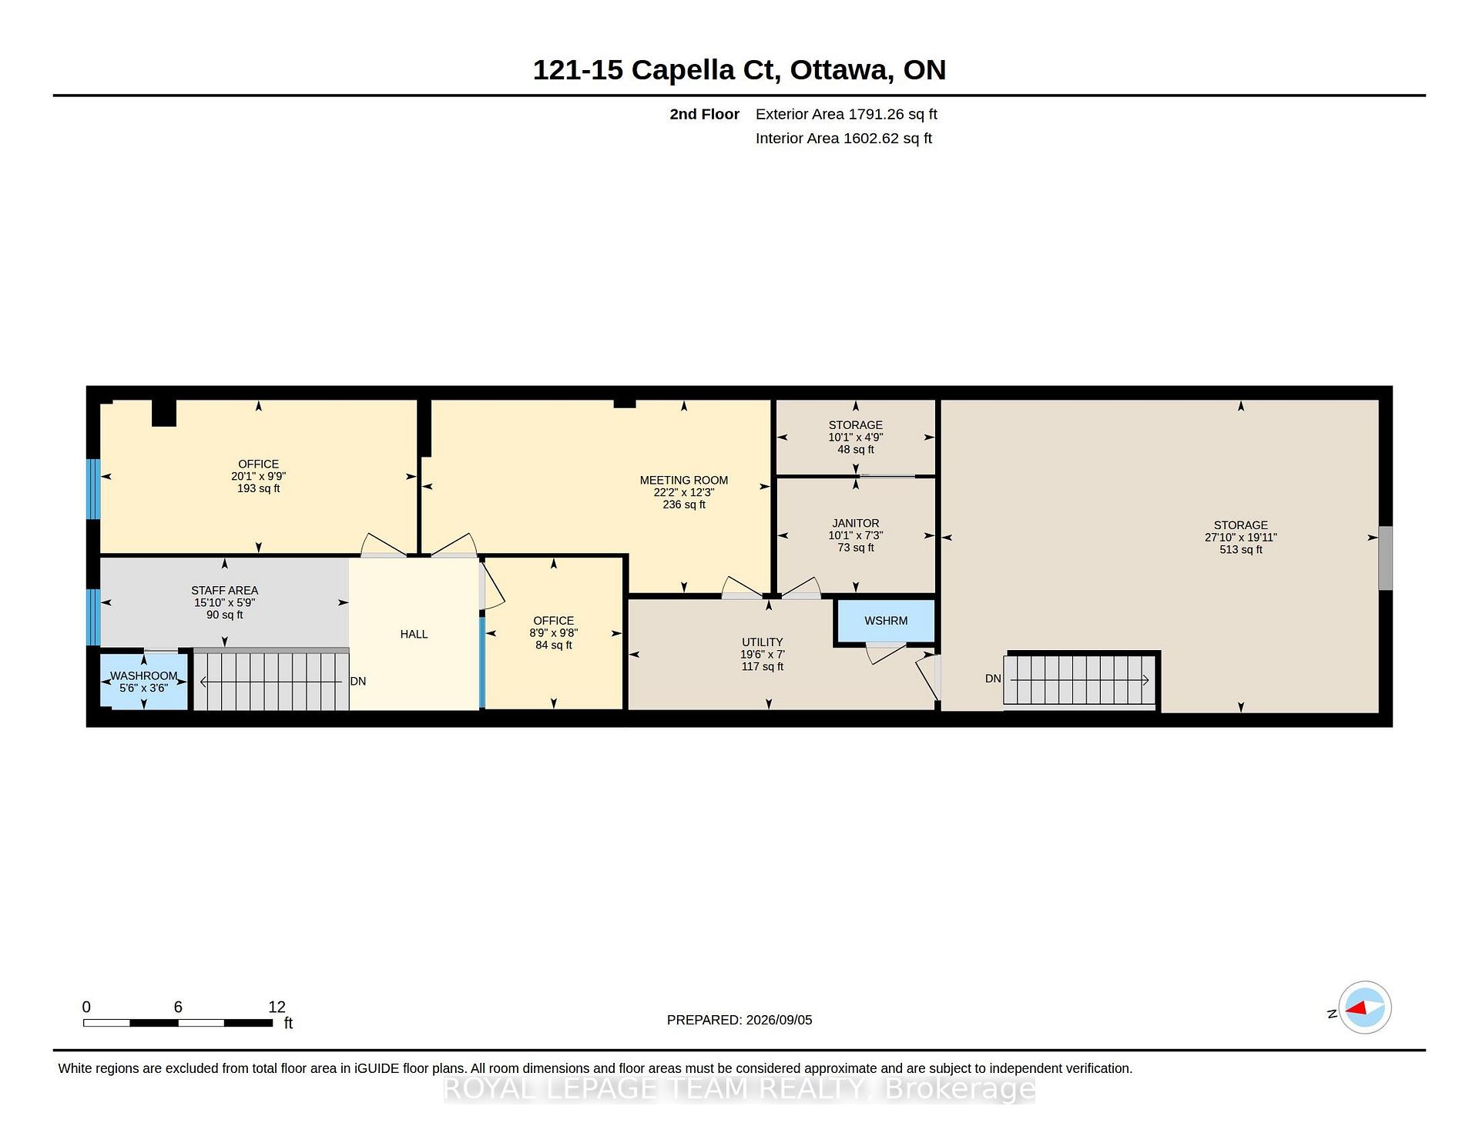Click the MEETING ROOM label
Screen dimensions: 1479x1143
pyautogui.click(x=683, y=480)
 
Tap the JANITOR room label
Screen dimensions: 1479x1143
pyautogui.click(x=855, y=523)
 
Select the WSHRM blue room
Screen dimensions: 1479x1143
pyautogui.click(x=886, y=621)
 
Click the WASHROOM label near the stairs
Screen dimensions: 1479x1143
pyautogui.click(x=144, y=675)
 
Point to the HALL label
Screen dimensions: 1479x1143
pyautogui.click(x=414, y=634)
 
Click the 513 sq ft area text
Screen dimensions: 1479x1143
pyautogui.click(x=1240, y=549)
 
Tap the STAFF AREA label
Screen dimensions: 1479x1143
pyautogui.click(x=224, y=591)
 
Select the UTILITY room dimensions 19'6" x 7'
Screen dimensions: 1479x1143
pyautogui.click(x=762, y=654)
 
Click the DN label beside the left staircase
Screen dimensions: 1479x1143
pyautogui.click(x=358, y=681)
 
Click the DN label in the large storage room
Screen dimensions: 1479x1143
pyautogui.click(x=993, y=679)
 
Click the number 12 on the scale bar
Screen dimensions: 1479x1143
pyautogui.click(x=277, y=1007)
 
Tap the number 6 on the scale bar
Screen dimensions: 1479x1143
pyautogui.click(x=178, y=1007)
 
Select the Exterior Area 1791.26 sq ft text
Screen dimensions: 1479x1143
pyautogui.click(x=846, y=114)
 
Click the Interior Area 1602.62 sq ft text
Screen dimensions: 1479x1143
pyautogui.click(x=843, y=139)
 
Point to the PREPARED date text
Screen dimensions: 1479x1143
pyautogui.click(x=739, y=1020)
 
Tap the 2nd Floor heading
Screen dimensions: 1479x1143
pyautogui.click(x=704, y=114)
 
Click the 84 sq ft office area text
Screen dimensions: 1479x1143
pyautogui.click(x=553, y=645)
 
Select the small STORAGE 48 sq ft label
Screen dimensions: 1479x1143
pyautogui.click(x=855, y=437)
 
